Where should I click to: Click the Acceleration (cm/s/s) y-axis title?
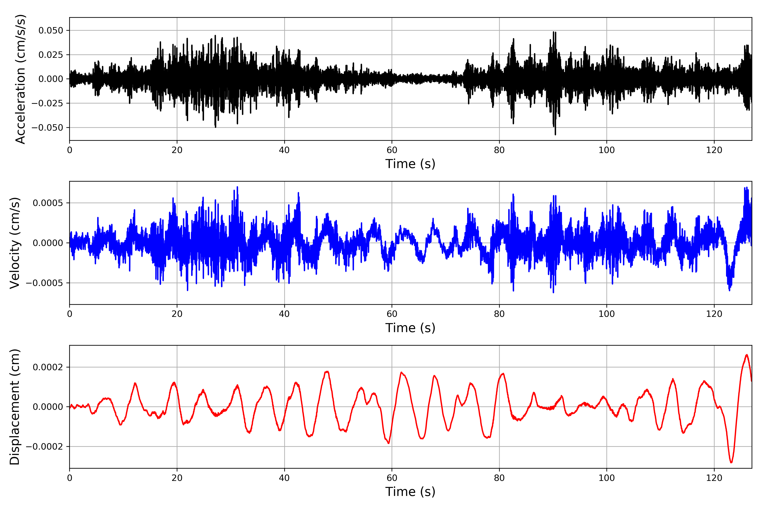click(x=20, y=79)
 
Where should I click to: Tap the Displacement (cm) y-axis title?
click(x=15, y=407)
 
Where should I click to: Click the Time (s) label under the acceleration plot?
click(x=410, y=164)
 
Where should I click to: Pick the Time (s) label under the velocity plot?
click(x=410, y=328)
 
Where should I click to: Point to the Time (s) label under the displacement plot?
click(x=410, y=492)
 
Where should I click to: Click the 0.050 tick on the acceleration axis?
click(x=51, y=30)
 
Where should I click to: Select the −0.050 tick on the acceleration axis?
click(x=47, y=128)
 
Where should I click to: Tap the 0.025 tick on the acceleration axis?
click(x=51, y=55)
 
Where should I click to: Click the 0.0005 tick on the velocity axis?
click(x=48, y=203)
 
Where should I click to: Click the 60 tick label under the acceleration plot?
click(x=392, y=150)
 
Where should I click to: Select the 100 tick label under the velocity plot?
click(x=606, y=314)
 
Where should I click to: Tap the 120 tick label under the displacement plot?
click(x=714, y=478)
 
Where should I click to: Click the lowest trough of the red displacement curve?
click(x=731, y=462)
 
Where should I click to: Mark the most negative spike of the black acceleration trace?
click(x=555, y=134)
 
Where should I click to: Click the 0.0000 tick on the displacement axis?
click(x=48, y=407)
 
